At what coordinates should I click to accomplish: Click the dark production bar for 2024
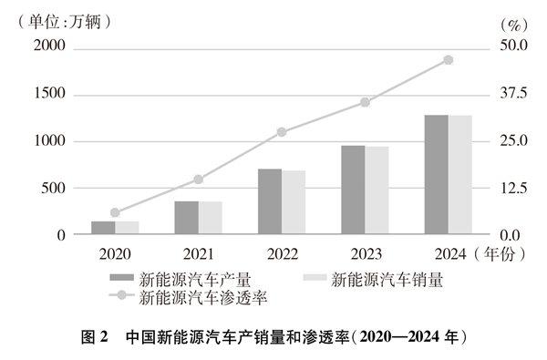pyautogui.click(x=436, y=175)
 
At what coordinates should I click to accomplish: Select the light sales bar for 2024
pyautogui.click(x=459, y=175)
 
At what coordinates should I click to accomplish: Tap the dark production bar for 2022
pyautogui.click(x=270, y=201)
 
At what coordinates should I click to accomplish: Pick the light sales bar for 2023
pyautogui.click(x=377, y=190)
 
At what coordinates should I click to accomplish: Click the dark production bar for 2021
pyautogui.click(x=186, y=218)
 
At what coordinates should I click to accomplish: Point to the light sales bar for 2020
pyautogui.click(x=127, y=228)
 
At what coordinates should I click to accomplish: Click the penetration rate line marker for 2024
pyautogui.click(x=448, y=60)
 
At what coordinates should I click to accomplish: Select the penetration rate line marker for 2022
pyautogui.click(x=282, y=132)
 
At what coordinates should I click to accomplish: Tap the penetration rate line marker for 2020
pyautogui.click(x=115, y=212)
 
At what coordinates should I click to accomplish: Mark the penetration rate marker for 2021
pyautogui.click(x=198, y=180)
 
